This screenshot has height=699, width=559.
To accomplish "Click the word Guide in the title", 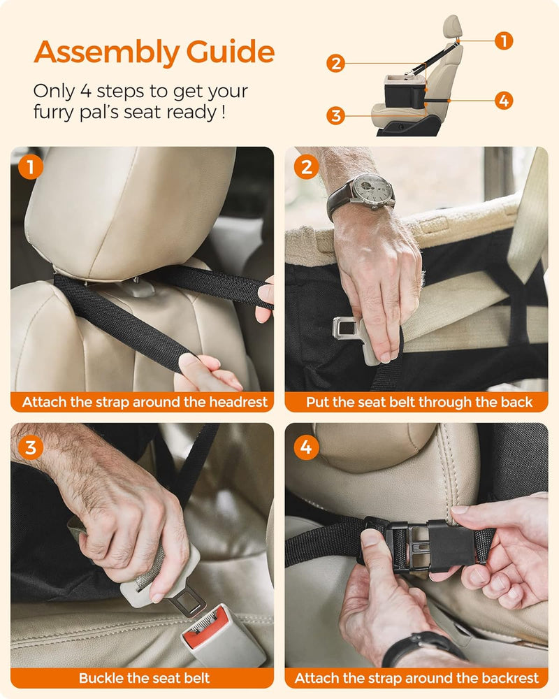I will click(x=231, y=53).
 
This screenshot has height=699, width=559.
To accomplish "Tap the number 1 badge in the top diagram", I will click(x=503, y=41).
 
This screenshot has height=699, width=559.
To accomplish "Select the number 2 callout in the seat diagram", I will click(x=336, y=64).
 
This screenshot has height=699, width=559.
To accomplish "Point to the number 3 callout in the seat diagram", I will click(x=336, y=115).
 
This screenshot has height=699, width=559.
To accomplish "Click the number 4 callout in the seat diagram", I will click(x=503, y=100).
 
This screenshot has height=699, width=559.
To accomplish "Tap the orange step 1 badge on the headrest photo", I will click(x=30, y=167).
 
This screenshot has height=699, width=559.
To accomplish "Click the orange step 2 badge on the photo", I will click(x=305, y=167).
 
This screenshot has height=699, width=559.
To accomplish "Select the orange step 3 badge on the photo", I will click(x=30, y=446).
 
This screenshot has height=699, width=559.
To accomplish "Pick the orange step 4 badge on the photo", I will click(x=305, y=446).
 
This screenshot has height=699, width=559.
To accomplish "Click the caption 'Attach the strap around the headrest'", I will click(x=145, y=402).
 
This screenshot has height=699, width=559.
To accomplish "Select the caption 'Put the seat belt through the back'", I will click(x=419, y=402).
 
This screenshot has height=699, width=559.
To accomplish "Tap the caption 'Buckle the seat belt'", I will click(x=145, y=678).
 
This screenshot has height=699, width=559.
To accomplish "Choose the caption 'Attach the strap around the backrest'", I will click(x=417, y=678).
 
